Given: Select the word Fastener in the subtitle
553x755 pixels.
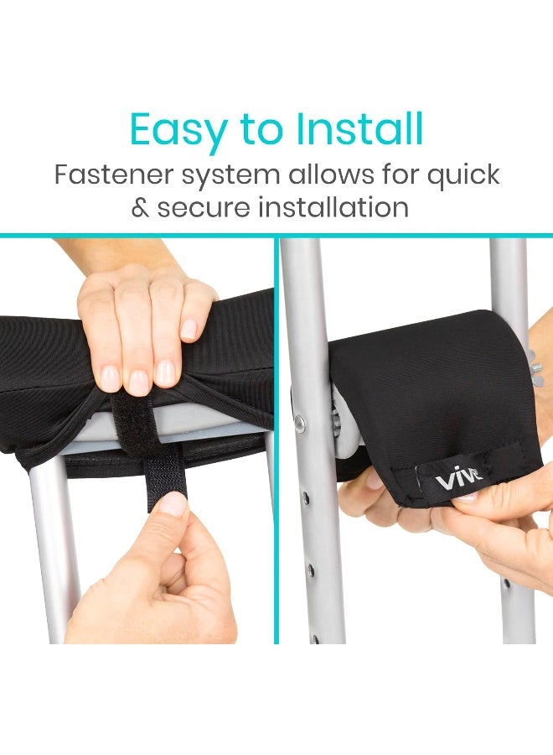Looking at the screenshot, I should [x=110, y=176].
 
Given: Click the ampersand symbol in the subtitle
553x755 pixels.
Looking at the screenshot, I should [x=139, y=207].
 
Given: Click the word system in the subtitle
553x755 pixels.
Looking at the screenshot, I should [x=227, y=176].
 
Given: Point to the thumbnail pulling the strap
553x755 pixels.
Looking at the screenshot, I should [x=173, y=503].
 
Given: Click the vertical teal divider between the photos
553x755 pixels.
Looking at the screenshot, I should [x=276, y=436].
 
